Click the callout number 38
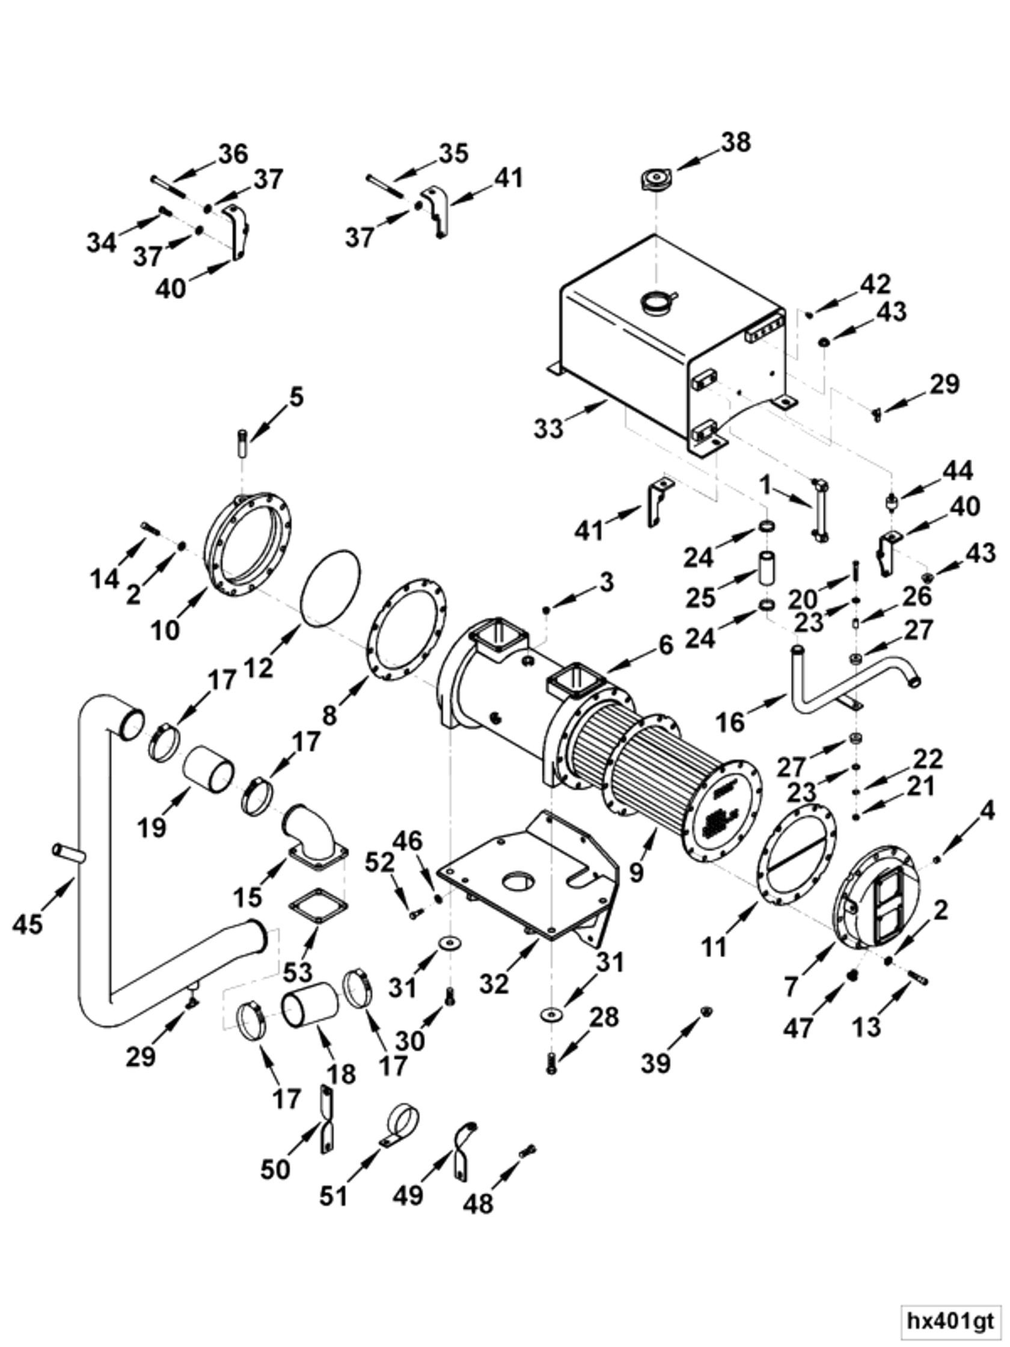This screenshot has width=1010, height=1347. [735, 142]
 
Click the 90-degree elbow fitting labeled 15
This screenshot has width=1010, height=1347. [314, 833]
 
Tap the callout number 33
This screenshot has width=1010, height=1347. [548, 429]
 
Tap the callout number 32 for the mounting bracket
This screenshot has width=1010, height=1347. [493, 983]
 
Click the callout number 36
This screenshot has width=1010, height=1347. [233, 153]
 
